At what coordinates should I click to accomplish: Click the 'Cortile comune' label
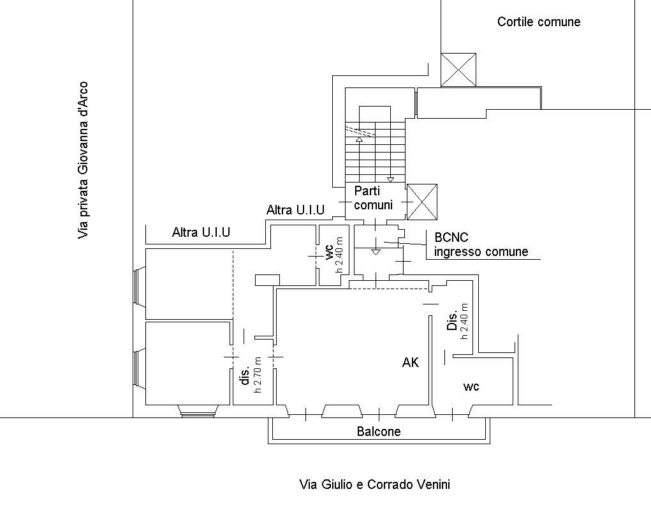pos(539,22)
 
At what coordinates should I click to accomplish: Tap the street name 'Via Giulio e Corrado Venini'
pos(374,484)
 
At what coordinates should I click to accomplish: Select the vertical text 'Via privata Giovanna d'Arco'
pos(83,160)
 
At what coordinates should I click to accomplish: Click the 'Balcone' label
pos(379,431)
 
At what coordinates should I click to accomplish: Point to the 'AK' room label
pos(411,363)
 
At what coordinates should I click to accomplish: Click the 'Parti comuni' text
pos(373,198)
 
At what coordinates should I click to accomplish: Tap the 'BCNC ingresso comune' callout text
pos(481,244)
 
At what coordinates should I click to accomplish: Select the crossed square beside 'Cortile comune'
pos(458,70)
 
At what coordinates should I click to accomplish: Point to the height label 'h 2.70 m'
pos(259,374)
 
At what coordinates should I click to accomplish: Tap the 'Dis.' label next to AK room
pos(452,321)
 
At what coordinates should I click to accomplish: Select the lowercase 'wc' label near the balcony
pos(472,386)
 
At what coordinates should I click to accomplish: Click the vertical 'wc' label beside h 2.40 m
pos(329,253)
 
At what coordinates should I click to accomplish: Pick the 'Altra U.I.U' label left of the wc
pos(201,233)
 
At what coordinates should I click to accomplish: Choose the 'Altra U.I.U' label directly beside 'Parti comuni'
pos(295,210)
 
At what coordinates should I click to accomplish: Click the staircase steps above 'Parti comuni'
pos(375,151)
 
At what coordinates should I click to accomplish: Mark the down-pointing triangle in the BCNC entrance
pos(376,253)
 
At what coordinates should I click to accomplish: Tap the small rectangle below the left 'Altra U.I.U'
pos(267,280)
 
